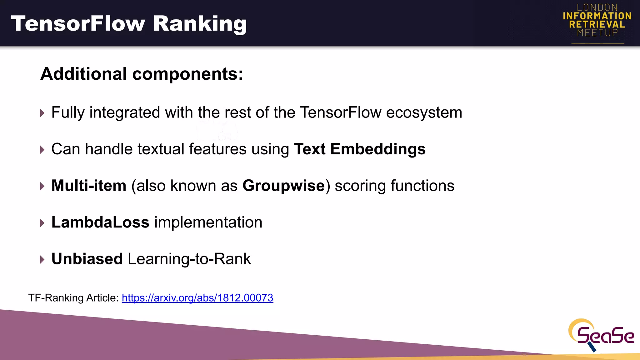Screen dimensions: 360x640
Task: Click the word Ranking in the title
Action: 200,24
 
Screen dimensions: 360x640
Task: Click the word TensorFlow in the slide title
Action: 78,24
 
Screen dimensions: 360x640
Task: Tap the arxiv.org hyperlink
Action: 197,298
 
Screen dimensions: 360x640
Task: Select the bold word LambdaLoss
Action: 100,222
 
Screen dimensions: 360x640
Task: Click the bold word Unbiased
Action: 87,259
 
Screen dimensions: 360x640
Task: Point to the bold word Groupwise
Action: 283,186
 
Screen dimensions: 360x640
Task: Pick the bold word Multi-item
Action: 89,186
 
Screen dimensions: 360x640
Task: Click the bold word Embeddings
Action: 378,149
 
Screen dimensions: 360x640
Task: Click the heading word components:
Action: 187,74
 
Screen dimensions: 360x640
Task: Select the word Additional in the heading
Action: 84,74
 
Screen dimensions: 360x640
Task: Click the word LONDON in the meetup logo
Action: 597,7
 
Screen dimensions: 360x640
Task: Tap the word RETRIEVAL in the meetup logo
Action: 597,24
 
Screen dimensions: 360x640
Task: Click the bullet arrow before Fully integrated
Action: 42,113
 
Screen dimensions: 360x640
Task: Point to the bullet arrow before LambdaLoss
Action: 42,223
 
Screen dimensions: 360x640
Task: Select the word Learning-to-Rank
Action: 189,259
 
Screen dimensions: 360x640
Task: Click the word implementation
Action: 208,222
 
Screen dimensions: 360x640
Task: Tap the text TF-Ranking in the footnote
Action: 56,298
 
